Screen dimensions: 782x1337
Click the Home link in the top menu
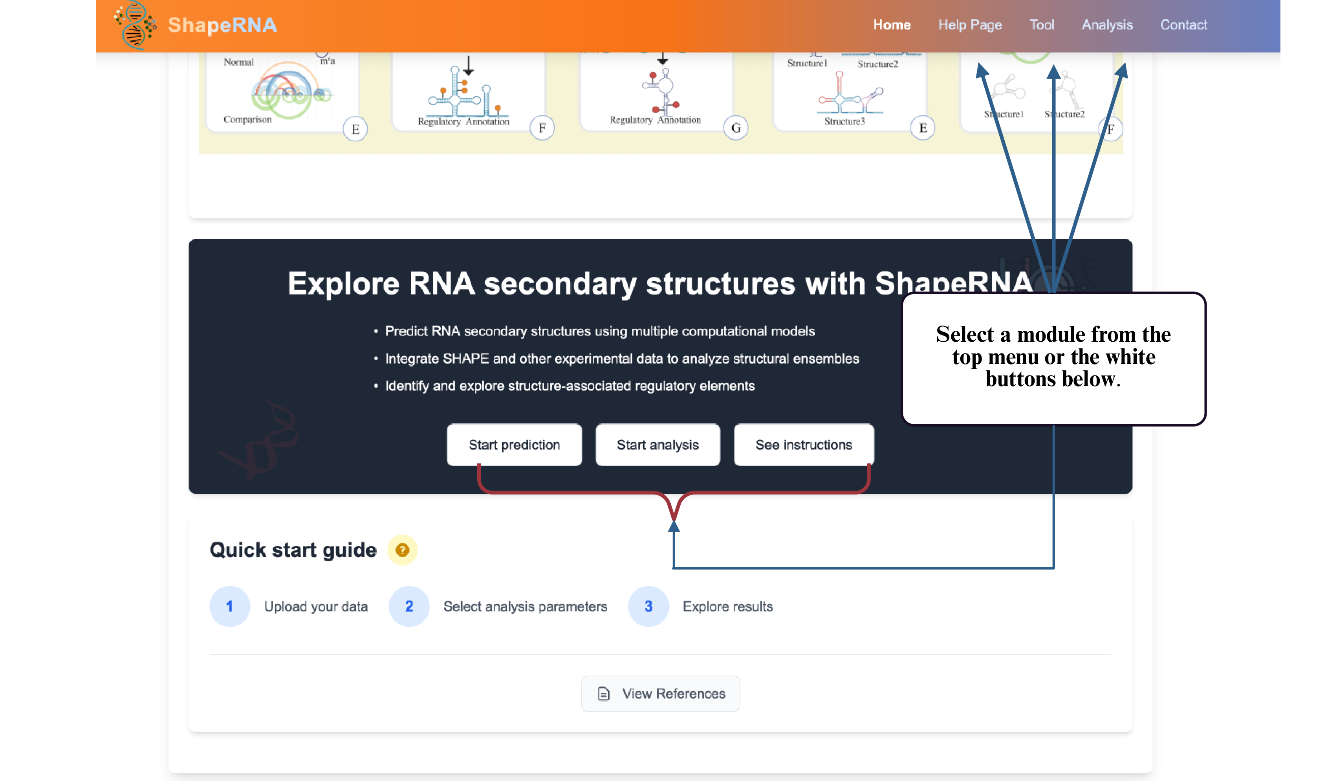point(891,25)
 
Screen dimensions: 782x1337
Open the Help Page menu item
point(970,25)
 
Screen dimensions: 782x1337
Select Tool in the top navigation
point(1042,25)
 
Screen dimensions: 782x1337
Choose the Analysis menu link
point(1107,25)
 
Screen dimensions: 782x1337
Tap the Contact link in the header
point(1183,25)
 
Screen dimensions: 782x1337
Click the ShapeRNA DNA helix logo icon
point(135,25)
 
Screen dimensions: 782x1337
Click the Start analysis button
point(658,445)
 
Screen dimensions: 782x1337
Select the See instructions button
point(803,445)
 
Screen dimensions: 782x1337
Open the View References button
point(660,693)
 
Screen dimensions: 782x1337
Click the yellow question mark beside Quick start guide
point(402,550)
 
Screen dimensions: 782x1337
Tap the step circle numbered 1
point(230,606)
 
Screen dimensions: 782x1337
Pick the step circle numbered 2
point(409,606)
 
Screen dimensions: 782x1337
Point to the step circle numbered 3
point(648,606)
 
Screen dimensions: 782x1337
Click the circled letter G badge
point(735,128)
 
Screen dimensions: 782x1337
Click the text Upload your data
point(316,606)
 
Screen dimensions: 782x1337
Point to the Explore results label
point(727,606)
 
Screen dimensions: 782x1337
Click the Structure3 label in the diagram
point(844,121)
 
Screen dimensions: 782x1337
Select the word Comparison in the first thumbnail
point(247,119)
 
